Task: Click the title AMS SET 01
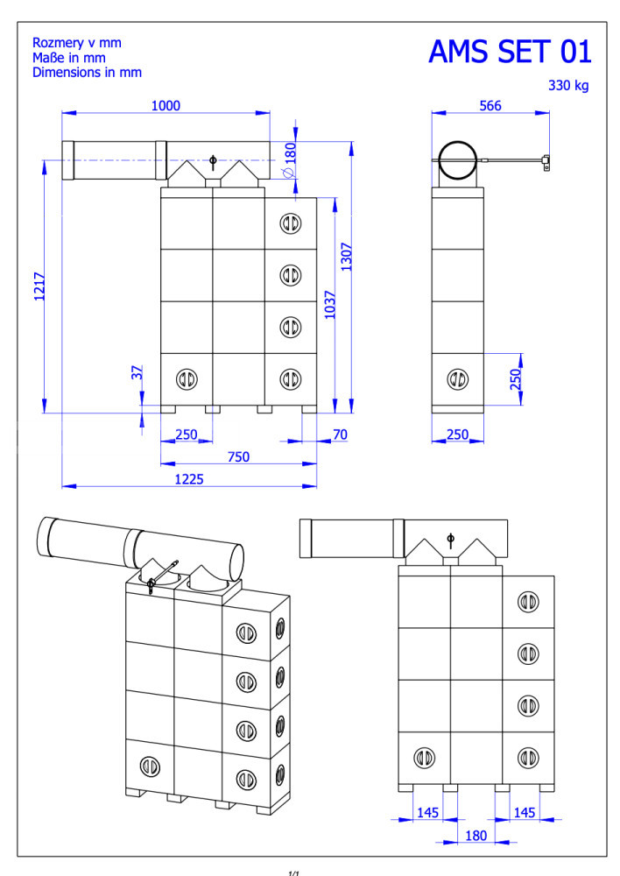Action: tap(510, 52)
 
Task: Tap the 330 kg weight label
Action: tap(568, 86)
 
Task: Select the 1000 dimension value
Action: tap(166, 106)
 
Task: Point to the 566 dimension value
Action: tap(490, 106)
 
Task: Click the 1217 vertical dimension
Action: tap(39, 286)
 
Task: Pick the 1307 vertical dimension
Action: tap(346, 257)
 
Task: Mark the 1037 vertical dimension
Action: tap(330, 305)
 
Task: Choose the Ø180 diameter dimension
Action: tap(290, 159)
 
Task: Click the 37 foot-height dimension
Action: tap(137, 372)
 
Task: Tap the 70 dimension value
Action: tap(340, 434)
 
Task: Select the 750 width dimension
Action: tap(238, 456)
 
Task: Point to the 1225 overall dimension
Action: tap(189, 479)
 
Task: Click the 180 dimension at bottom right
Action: tap(476, 835)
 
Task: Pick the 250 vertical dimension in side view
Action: tap(516, 378)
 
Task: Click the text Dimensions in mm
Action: tap(88, 72)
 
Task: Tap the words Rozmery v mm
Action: tap(77, 42)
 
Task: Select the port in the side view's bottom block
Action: tap(457, 379)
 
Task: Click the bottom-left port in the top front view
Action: tap(187, 379)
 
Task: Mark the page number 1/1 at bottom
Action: tap(294, 872)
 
